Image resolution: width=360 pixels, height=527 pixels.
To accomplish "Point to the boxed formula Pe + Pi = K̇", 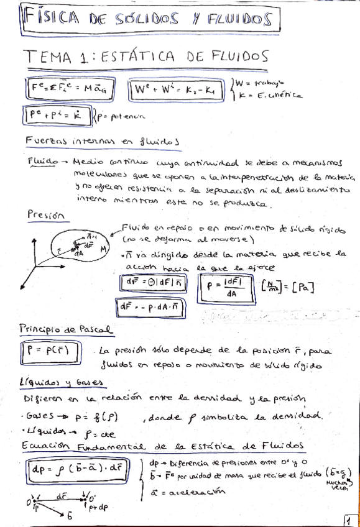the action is (57, 115).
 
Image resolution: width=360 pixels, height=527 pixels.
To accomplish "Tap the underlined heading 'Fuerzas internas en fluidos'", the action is (103, 141).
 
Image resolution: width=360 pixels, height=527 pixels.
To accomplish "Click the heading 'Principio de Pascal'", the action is (65, 328).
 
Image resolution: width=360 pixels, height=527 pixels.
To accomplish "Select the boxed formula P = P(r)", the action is (52, 353).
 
